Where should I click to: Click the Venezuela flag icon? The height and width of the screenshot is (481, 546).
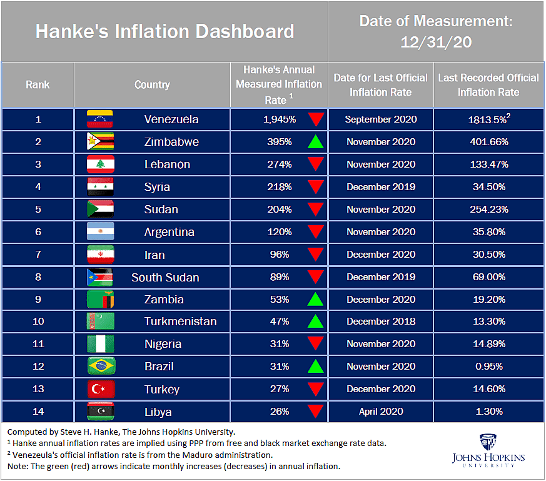click(100, 119)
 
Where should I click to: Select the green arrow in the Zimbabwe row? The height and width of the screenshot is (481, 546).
click(316, 142)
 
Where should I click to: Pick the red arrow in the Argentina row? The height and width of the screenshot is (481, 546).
click(316, 232)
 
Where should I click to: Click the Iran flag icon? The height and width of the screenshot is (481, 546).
click(100, 255)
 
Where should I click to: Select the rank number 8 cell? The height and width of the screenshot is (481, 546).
click(38, 277)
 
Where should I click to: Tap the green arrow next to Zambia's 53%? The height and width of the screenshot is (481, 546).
click(316, 300)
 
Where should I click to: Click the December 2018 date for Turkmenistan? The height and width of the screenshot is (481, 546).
click(380, 322)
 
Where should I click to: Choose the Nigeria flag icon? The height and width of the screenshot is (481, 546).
click(100, 344)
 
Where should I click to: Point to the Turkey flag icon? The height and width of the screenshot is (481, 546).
click(100, 389)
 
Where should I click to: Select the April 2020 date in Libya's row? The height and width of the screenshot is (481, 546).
click(380, 412)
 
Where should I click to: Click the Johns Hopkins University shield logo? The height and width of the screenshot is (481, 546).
click(488, 441)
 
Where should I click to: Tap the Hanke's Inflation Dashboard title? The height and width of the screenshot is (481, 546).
click(164, 31)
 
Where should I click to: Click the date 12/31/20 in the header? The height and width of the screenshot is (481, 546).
click(436, 43)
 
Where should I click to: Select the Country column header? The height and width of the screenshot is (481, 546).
click(152, 84)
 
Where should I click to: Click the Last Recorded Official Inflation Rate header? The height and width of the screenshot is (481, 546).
click(488, 84)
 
